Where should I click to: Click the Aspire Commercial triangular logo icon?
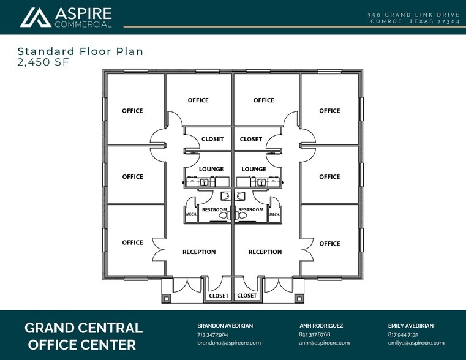coord(36,18)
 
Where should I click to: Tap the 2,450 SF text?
coord(43,62)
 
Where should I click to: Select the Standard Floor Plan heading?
coord(81,51)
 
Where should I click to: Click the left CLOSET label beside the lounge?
coord(212,139)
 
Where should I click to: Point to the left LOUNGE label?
coord(211,169)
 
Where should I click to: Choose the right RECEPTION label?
coord(265,252)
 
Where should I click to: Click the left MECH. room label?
coord(191,214)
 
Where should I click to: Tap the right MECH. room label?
coord(274,214)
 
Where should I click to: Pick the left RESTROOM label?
coord(214,210)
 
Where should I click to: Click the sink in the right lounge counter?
coord(261,182)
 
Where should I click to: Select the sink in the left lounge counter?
coord(203,182)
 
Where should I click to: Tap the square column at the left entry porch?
coord(166,298)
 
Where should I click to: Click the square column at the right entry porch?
coord(299,298)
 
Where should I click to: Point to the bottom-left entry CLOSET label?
coord(219,296)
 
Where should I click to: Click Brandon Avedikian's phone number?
coord(212,334)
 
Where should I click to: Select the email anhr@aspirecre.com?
coord(324,343)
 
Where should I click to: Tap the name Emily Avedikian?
coord(411,326)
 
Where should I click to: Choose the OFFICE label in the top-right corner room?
coord(329,111)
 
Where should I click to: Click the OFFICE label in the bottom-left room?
coord(132,242)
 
